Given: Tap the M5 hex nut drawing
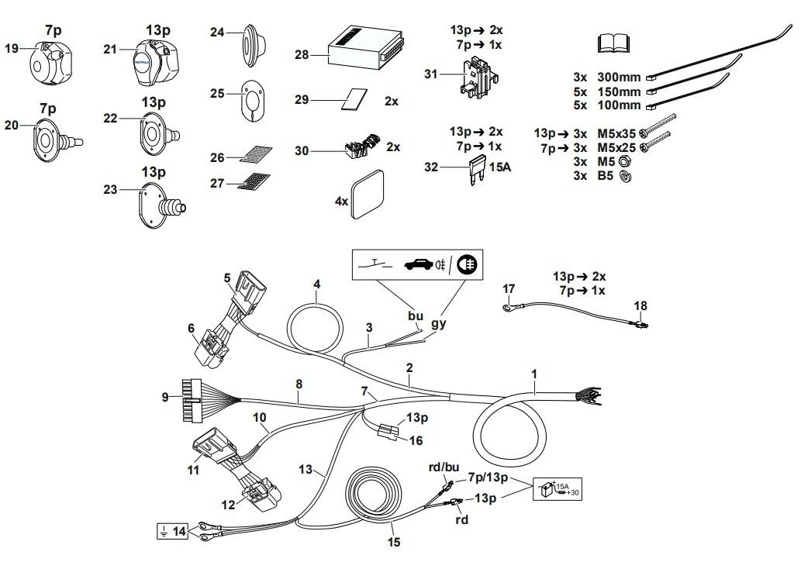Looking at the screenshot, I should pos(627,162).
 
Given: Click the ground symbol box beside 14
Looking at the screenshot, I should pos(163,531).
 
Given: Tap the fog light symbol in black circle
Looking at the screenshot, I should pos(468,264).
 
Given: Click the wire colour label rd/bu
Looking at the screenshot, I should pos(445,467).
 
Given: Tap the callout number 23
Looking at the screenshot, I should pos(111,190).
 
